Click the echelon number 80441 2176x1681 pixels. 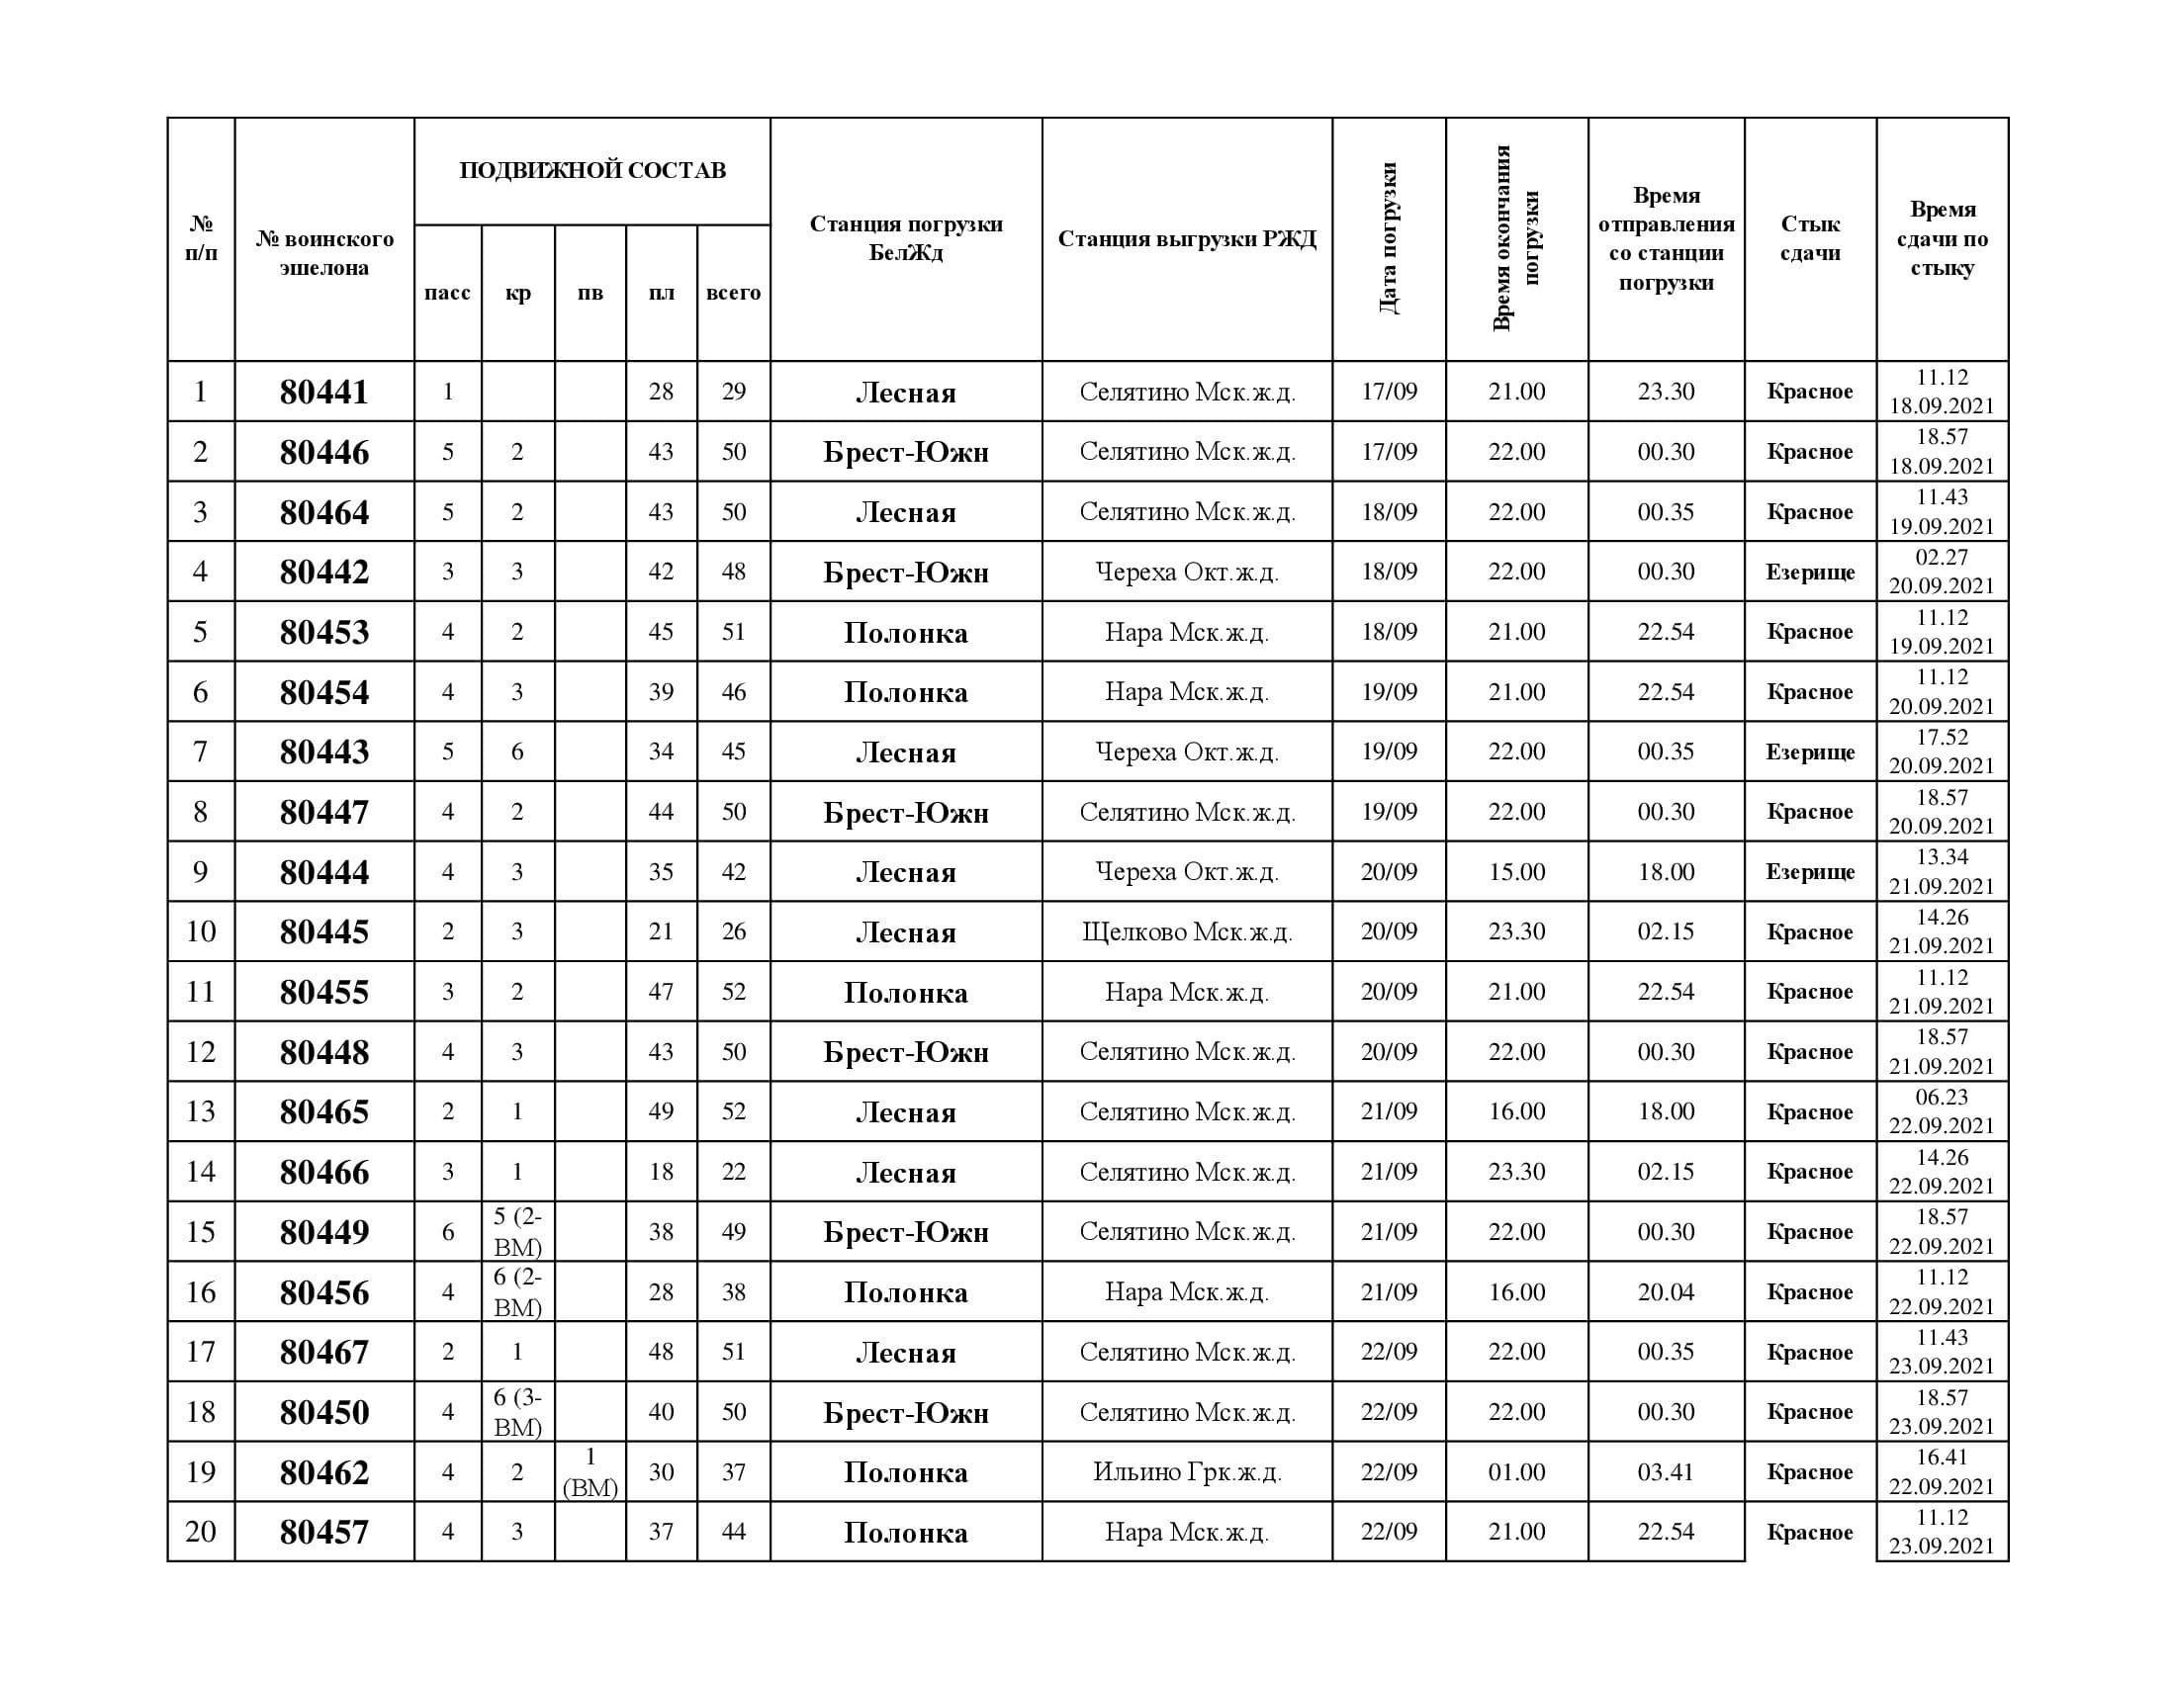323,393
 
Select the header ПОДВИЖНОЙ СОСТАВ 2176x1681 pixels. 591,170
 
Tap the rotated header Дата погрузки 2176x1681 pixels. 1389,239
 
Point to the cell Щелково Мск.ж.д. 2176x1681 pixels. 1187,932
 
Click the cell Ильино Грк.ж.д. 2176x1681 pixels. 1187,1472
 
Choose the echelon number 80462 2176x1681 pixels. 323,1472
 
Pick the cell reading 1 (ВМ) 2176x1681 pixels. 589,1472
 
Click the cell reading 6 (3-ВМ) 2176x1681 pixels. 517,1412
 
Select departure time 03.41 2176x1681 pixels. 1666,1472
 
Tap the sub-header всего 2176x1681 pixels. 733,293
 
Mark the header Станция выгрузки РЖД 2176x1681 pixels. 1187,239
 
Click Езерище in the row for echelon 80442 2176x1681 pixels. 1809,572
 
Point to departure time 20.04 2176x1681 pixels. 1666,1291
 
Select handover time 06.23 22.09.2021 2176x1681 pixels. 1942,1111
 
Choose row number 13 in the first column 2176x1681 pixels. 200,1111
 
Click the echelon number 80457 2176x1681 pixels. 323,1532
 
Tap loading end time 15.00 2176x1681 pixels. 1516,872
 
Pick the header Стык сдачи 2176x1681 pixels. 1809,239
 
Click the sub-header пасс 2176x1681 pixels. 447,293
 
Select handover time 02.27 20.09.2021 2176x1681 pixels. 1942,572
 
